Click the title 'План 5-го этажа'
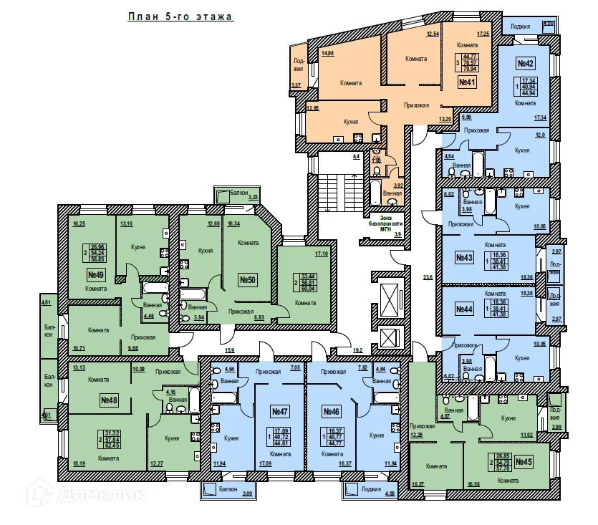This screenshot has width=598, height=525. pyautogui.click(x=180, y=16)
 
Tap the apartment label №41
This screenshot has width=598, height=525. pyautogui.click(x=468, y=82)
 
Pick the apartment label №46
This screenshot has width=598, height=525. pyautogui.click(x=331, y=412)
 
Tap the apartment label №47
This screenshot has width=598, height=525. pyautogui.click(x=279, y=412)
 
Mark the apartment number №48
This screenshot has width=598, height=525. pyautogui.click(x=109, y=400)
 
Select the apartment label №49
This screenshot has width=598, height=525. pyautogui.click(x=97, y=274)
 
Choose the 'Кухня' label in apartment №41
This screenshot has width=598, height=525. pyautogui.click(x=351, y=122)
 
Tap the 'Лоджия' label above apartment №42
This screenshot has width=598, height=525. pyautogui.click(x=521, y=27)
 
